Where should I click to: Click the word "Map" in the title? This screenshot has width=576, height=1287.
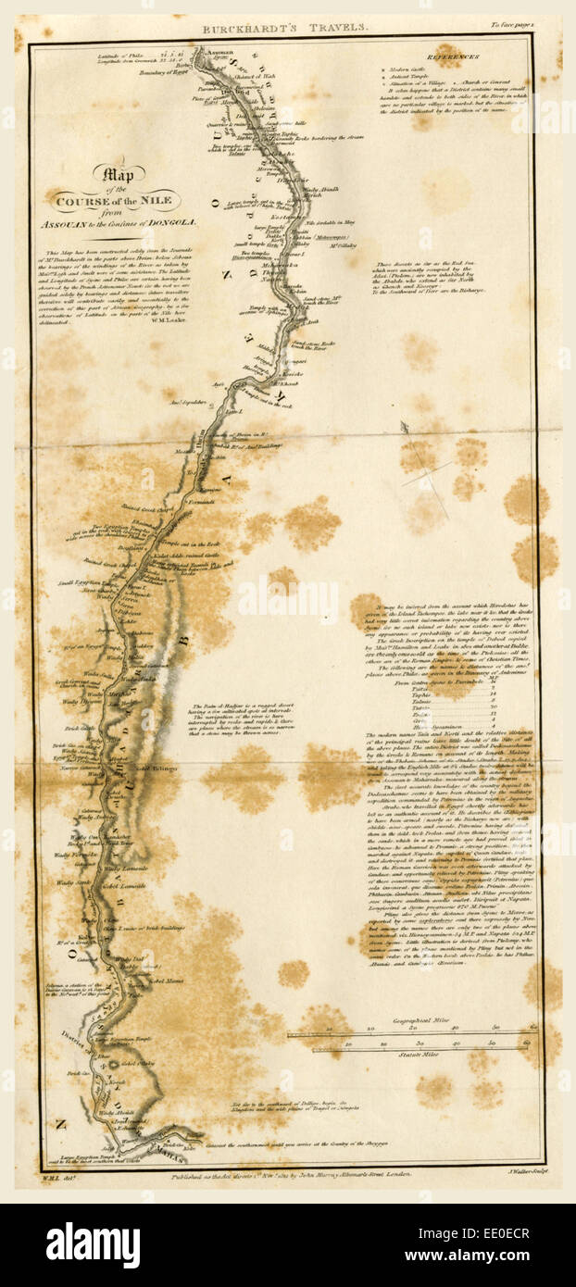[113, 172]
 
